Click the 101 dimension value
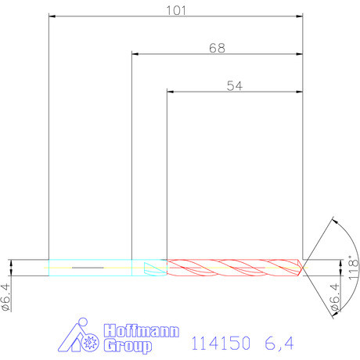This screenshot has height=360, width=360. point(175,9)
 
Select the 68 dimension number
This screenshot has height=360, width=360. point(217,48)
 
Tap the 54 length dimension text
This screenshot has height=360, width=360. point(234,86)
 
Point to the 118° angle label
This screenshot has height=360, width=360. point(353,268)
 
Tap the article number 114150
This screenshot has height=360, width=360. point(221,343)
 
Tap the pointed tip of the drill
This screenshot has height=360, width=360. point(304,267)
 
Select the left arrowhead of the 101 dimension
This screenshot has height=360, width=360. point(52,16)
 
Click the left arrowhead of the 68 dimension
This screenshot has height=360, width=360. point(135,54)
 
